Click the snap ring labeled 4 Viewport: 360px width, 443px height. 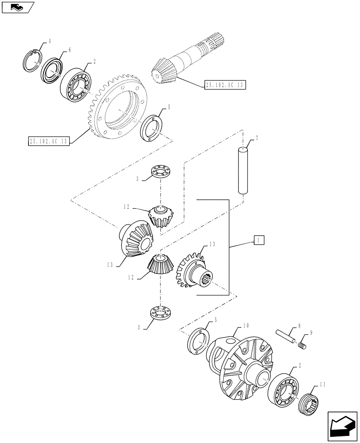tap(32, 61)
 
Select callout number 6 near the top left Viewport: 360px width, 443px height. tap(69, 51)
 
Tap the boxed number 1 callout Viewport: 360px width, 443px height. tap(258, 240)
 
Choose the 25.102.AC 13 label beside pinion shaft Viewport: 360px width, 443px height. tap(225, 85)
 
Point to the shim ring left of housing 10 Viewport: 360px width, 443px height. tap(198, 341)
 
